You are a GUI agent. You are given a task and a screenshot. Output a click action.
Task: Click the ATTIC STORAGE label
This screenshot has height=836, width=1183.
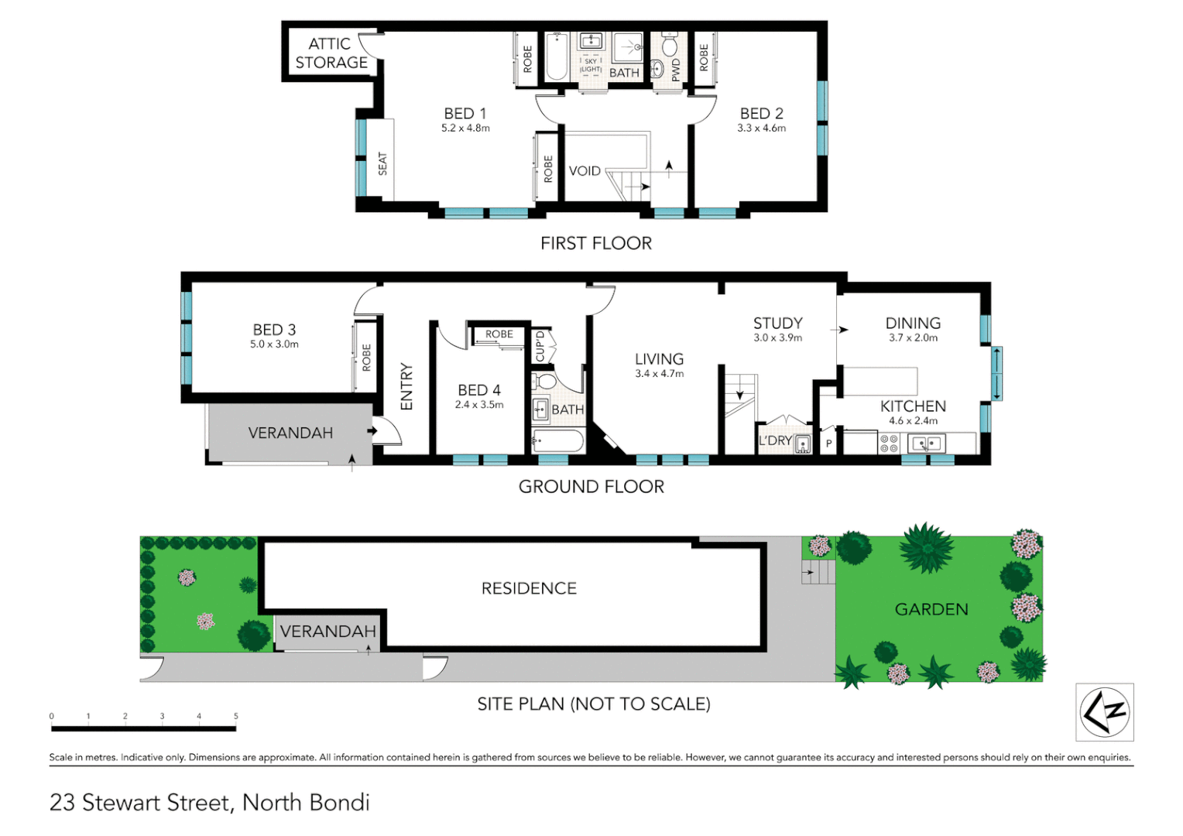coord(331,53)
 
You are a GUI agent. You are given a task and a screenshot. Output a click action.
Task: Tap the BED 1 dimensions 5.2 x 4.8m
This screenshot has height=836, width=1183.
coord(465,128)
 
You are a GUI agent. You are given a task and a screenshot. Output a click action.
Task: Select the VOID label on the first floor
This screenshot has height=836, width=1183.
coord(585,171)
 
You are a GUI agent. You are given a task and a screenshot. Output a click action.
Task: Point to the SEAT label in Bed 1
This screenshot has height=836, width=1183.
coord(382,163)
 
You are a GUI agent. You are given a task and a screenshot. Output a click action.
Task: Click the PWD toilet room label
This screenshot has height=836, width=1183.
coord(676,70)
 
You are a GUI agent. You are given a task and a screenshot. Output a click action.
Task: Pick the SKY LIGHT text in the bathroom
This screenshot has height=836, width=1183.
coord(591,66)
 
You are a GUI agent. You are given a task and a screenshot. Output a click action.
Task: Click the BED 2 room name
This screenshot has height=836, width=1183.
coord(761,114)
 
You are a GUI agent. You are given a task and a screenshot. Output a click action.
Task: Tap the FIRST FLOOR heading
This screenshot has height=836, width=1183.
coord(595,243)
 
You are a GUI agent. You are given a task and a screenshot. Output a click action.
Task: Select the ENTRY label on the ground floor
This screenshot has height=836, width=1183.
coord(406,386)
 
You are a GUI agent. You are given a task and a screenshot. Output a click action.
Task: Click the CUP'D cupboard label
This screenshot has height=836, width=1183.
coord(540,346)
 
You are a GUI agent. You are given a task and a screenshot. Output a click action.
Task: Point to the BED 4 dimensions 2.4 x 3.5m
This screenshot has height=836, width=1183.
coord(478,405)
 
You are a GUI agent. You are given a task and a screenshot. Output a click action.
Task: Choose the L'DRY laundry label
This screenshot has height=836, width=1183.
coord(775,440)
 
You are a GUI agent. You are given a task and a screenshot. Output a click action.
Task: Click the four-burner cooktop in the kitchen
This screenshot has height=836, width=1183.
coord(888,444)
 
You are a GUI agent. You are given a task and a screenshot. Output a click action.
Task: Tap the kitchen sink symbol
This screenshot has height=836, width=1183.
coord(926,444)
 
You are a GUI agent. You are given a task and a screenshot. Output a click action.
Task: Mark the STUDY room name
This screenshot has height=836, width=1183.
coord(777,324)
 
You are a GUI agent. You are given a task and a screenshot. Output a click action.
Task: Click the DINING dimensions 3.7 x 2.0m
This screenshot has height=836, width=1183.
coord(913,338)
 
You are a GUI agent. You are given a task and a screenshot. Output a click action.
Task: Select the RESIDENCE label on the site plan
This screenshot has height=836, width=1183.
coord(529,588)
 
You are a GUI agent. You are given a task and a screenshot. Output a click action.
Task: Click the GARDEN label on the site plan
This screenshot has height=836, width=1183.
coord(931,609)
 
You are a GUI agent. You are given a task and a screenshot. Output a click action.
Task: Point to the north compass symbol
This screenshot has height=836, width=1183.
coord(1105,711)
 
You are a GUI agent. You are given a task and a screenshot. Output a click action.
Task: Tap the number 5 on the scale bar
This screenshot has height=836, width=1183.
coord(235,716)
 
